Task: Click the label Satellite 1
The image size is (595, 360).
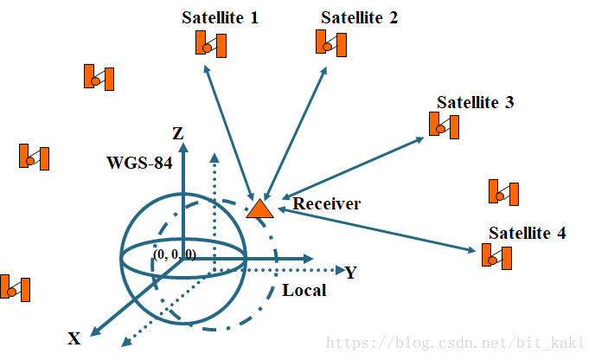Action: point(220,17)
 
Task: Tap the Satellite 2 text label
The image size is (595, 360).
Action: point(359,17)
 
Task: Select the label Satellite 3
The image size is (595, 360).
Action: point(475,102)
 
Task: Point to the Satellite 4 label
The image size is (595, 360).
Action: point(528,233)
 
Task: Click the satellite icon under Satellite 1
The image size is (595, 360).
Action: point(211,44)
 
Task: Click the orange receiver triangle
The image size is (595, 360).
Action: point(259,209)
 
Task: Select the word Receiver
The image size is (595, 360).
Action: point(326,204)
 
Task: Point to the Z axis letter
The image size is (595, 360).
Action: point(177,133)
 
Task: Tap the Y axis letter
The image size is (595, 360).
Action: point(350,273)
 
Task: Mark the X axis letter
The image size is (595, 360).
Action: point(74,338)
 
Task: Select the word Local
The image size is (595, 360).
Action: point(304,290)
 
